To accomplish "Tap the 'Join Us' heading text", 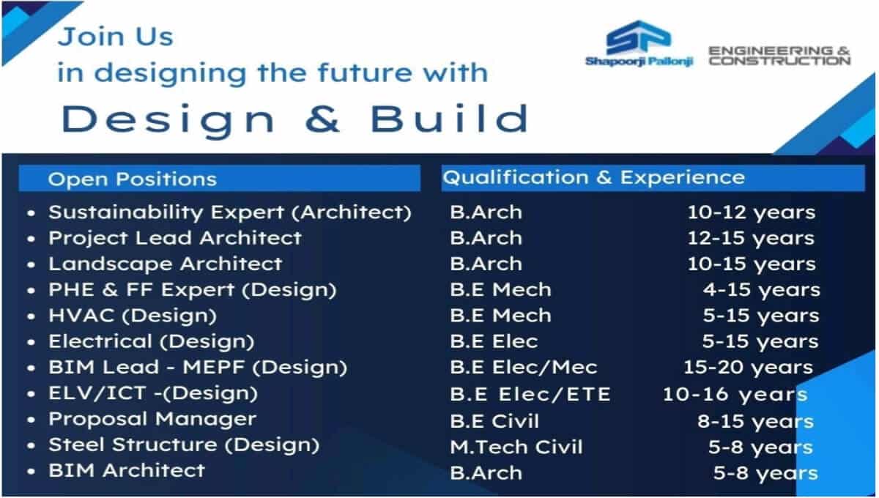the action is tap(116, 37).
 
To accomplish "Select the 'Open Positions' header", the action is tap(133, 179).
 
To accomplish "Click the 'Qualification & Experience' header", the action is tap(594, 177).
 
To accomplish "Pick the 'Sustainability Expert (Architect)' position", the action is tap(230, 212).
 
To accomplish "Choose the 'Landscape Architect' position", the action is tap(166, 264).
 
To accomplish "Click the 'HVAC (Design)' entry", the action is tap(133, 316).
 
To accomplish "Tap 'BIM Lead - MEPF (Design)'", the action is tap(198, 368).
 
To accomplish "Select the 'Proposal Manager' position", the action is tap(152, 420).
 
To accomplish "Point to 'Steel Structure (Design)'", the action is tap(184, 445).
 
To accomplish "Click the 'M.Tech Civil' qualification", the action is tap(516, 447).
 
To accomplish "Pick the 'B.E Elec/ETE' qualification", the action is tap(530, 395).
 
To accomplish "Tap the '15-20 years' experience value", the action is tap(749, 368).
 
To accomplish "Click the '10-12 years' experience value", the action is tap(752, 212).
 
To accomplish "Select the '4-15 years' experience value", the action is tap(762, 291).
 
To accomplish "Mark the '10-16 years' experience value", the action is tap(735, 395).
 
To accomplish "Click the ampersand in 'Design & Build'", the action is tap(322, 119).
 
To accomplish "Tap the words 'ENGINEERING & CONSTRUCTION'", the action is tap(779, 56).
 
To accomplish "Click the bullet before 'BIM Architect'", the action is tap(31, 472).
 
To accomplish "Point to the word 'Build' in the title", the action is tap(449, 118).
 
